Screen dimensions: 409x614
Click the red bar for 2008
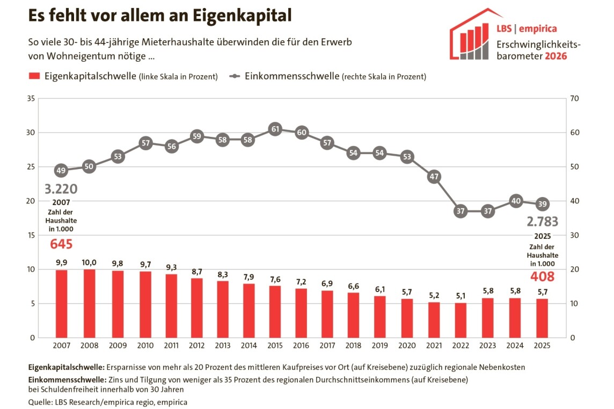90,303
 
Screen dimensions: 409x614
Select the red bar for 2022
460,320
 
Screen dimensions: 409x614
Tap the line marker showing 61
275,129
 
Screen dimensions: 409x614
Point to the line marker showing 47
434,177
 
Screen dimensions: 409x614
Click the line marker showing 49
61,171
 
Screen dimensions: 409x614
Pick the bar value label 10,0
90,262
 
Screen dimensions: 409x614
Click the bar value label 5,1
460,295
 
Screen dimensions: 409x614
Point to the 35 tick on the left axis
31,98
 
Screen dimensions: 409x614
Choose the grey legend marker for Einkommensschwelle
234,76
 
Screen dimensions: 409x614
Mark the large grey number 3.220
61,189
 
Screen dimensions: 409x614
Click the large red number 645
61,244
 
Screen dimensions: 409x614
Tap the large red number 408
542,277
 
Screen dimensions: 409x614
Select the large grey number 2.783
542,222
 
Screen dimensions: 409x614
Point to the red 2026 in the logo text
555,56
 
